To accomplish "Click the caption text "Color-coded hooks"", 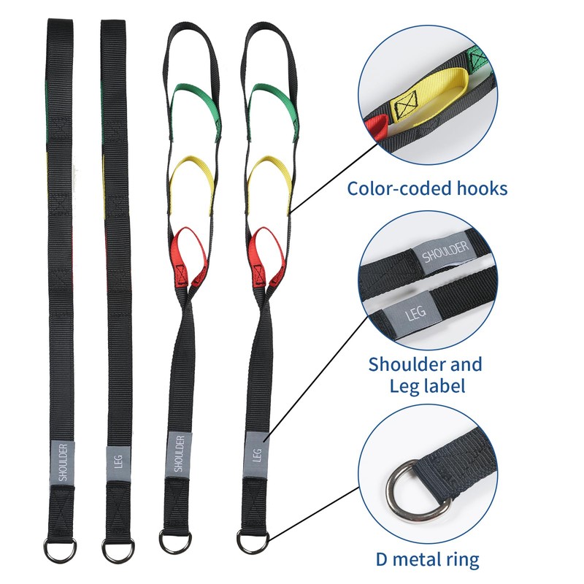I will pyautogui.click(x=426, y=188).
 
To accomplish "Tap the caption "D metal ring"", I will pyautogui.click(x=427, y=560).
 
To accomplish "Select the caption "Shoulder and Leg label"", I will pyautogui.click(x=425, y=374).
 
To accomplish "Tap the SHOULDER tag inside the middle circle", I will pyautogui.click(x=445, y=253).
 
